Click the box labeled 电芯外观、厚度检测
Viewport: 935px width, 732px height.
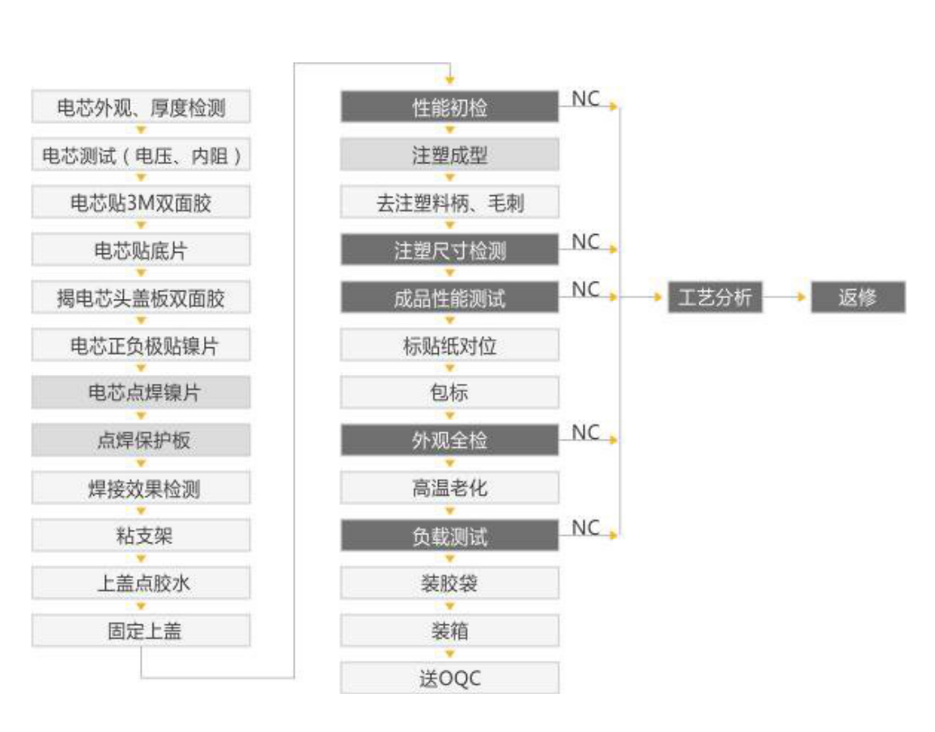pyautogui.click(x=141, y=108)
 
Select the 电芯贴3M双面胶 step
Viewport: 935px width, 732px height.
pyautogui.click(x=141, y=202)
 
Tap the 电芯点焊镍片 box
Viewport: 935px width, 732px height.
pyautogui.click(x=141, y=393)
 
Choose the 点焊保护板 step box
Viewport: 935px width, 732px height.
pyautogui.click(x=141, y=440)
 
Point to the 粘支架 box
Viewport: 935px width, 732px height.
pyautogui.click(x=141, y=535)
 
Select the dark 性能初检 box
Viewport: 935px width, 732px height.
pyautogui.click(x=449, y=108)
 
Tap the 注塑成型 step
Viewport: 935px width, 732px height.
pyautogui.click(x=449, y=155)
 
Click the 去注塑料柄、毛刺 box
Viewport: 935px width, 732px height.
pyautogui.click(x=449, y=202)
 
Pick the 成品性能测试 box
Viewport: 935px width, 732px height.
pyautogui.click(x=449, y=298)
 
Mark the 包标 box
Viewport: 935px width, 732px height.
pyautogui.click(x=449, y=393)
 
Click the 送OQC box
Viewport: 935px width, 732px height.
pyautogui.click(x=449, y=678)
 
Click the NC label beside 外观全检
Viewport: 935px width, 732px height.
pyautogui.click(x=585, y=433)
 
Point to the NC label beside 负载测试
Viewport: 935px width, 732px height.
pyautogui.click(x=585, y=528)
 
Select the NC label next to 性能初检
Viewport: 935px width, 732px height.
pyautogui.click(x=585, y=99)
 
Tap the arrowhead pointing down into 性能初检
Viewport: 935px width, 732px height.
pyautogui.click(x=449, y=79)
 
